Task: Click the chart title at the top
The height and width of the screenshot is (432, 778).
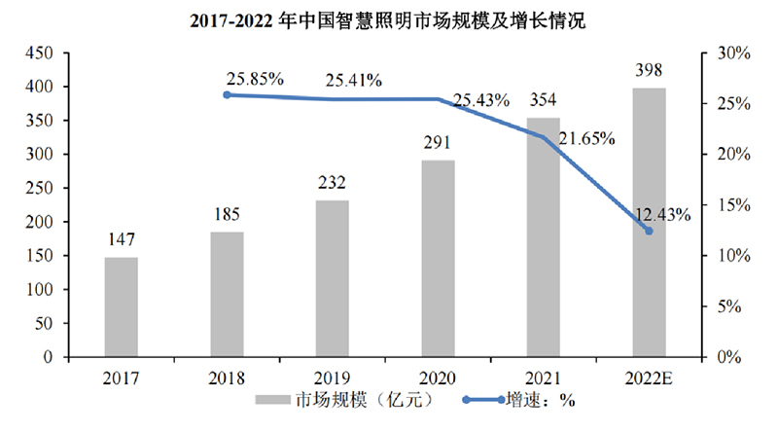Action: click(x=389, y=18)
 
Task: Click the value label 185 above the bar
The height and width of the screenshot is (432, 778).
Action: click(x=227, y=215)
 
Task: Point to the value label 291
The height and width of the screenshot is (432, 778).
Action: click(x=438, y=143)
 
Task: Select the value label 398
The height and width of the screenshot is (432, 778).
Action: click(x=650, y=70)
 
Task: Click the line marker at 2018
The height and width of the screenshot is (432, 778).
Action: click(x=227, y=94)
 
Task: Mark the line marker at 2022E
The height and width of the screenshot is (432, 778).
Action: click(x=650, y=231)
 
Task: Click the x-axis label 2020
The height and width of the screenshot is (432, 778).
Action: click(x=438, y=377)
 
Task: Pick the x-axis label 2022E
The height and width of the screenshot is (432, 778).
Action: click(x=650, y=377)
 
